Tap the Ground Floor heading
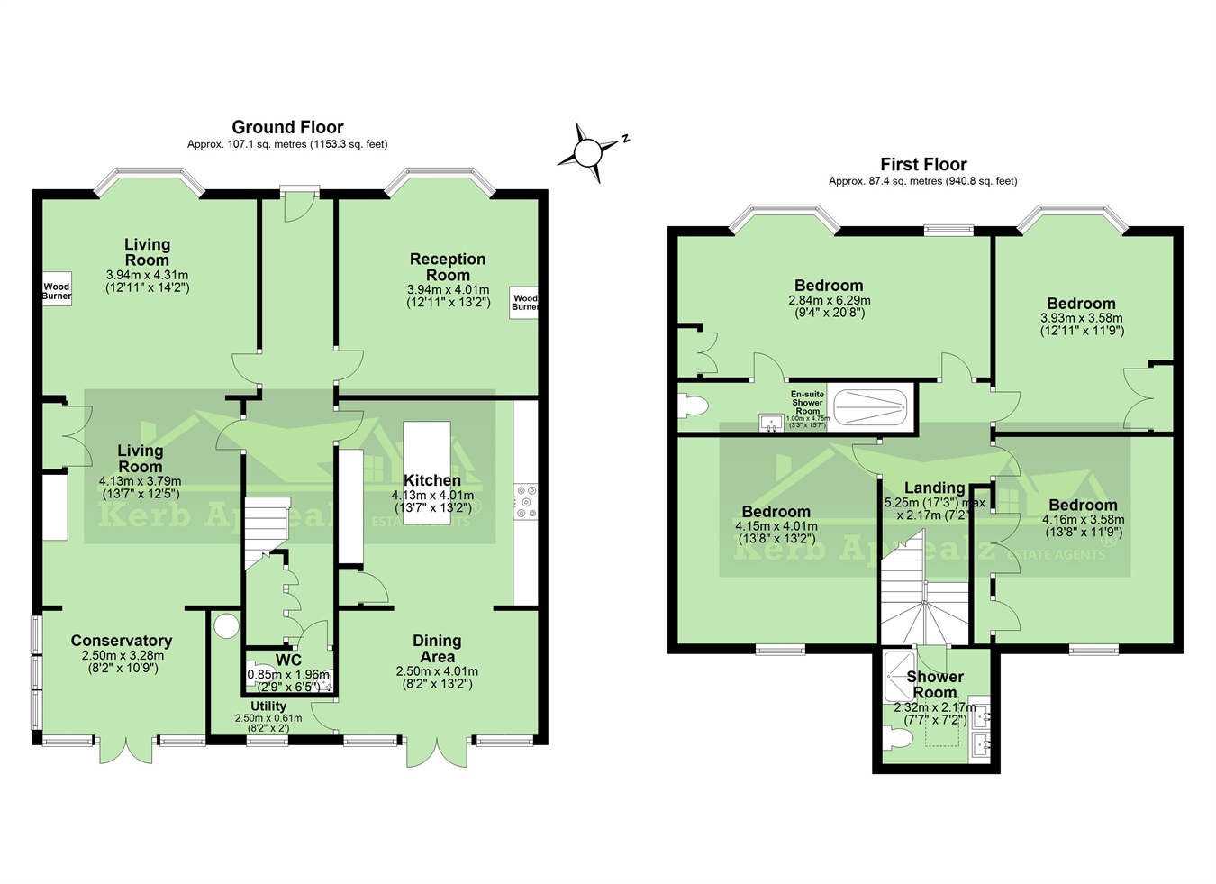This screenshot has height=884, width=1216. [287, 127]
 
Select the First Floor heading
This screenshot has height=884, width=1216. [923, 164]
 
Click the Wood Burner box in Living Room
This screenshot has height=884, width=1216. [57, 290]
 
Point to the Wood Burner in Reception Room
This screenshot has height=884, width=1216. [523, 302]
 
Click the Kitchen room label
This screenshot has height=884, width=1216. [431, 480]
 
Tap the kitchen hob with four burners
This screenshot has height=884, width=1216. [525, 502]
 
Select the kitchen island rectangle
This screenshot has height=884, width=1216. [426, 473]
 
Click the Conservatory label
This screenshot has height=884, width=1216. [122, 641]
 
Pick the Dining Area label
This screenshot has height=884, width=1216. [437, 648]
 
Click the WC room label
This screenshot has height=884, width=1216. [288, 660]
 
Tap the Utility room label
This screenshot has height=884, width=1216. [268, 706]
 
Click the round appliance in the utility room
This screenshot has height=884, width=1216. [225, 624]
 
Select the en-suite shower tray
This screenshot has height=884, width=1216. [869, 407]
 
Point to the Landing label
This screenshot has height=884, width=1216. [934, 488]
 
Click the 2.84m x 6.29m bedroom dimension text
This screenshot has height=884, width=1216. [829, 301]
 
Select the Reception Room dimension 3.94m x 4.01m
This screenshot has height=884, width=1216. [448, 290]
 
